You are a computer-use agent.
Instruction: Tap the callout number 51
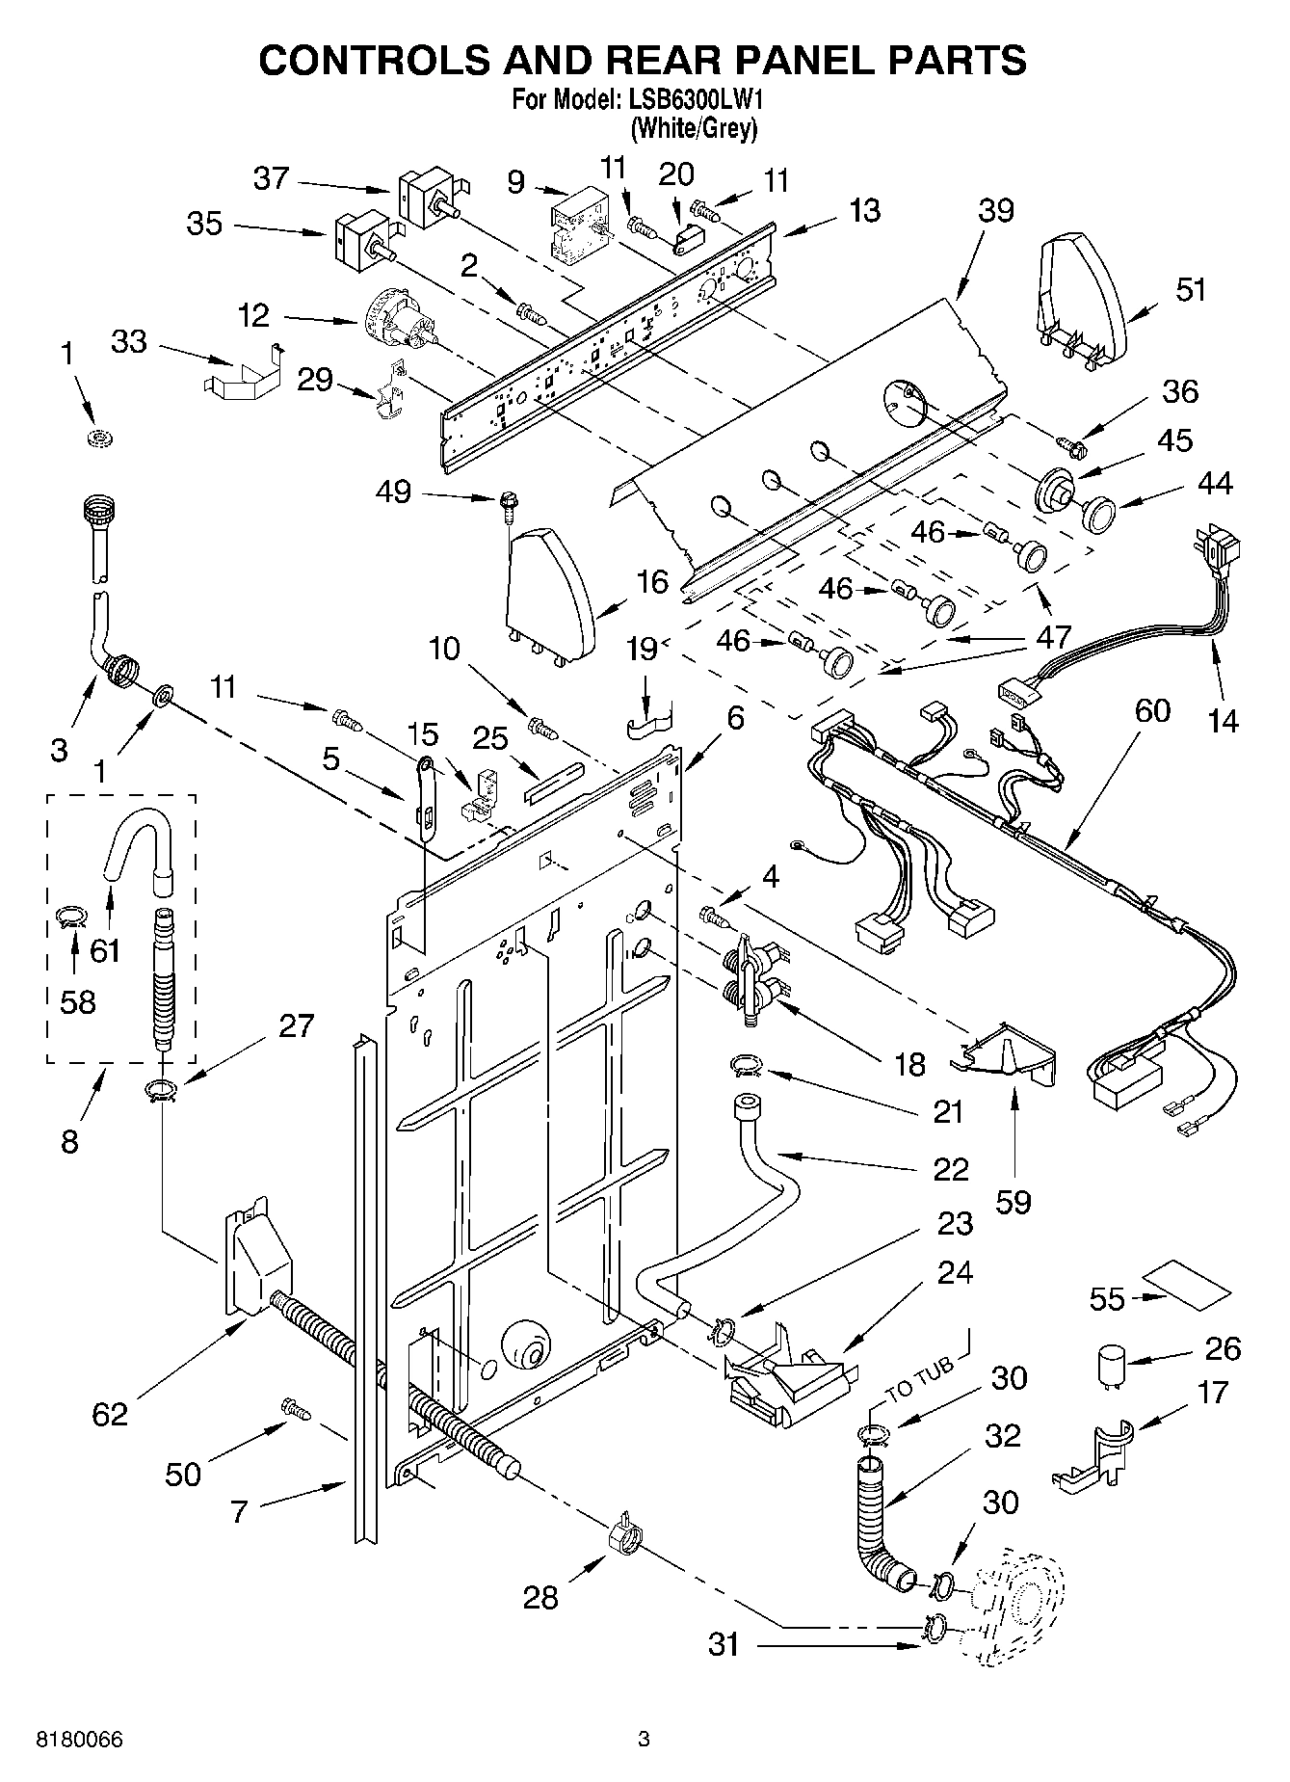click(x=1191, y=289)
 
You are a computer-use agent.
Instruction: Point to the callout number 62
click(x=110, y=1414)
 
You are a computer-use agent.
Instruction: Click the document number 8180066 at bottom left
click(x=79, y=1740)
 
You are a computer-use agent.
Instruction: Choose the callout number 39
click(x=997, y=210)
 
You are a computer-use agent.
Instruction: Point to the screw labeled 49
click(x=505, y=500)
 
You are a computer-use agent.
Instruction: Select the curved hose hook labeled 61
click(x=138, y=837)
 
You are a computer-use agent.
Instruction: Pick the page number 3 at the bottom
click(x=645, y=1740)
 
